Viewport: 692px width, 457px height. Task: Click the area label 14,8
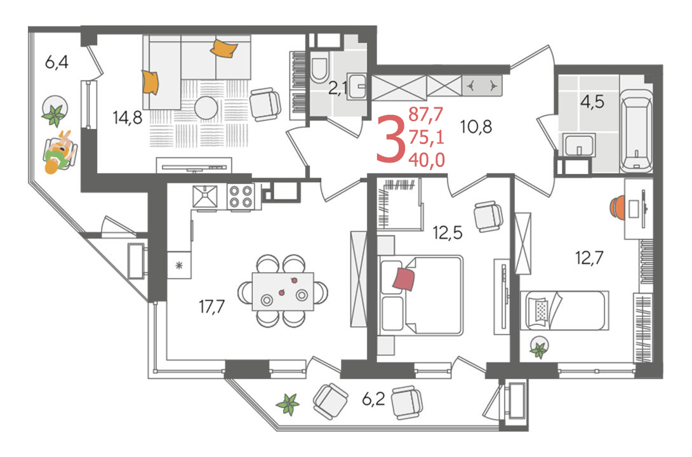tap(127, 117)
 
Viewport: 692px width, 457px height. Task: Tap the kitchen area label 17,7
tap(212, 306)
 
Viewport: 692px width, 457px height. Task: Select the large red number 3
tap(390, 138)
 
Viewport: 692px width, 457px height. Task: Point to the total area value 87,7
tap(425, 114)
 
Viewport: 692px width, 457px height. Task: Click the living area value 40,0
tap(427, 160)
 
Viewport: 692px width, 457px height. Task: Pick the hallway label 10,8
tap(476, 127)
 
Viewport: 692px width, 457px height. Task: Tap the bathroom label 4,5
tap(592, 102)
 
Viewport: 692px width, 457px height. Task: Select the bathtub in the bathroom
tap(636, 130)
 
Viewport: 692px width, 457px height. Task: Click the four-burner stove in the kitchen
tap(241, 196)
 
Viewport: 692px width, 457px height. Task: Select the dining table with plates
tap(283, 291)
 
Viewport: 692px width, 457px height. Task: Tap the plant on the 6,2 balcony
tap(288, 404)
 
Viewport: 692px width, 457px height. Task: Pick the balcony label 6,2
tap(373, 399)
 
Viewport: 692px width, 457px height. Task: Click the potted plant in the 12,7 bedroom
tap(539, 347)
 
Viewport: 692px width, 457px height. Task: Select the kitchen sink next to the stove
tap(205, 196)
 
